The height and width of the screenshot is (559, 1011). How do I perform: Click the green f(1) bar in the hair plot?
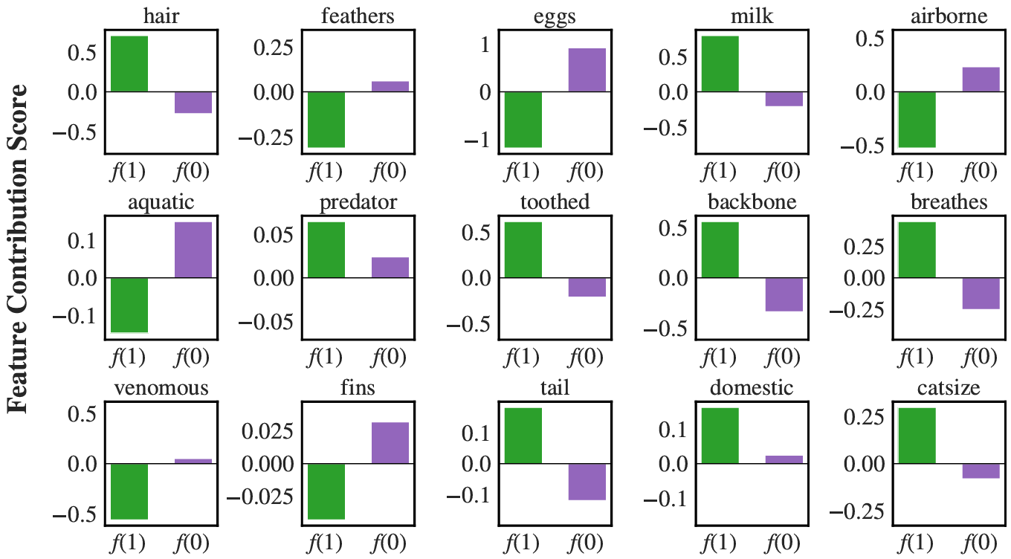click(x=129, y=64)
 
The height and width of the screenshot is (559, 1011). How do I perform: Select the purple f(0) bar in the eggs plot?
click(x=587, y=70)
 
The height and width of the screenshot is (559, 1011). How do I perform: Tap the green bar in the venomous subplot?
click(x=129, y=491)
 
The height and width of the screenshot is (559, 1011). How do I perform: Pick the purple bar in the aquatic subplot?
click(x=193, y=250)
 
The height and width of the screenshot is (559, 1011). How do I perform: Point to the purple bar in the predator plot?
click(x=390, y=268)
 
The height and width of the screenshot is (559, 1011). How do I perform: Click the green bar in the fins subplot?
click(x=326, y=491)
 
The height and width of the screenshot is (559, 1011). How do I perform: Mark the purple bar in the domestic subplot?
click(x=784, y=459)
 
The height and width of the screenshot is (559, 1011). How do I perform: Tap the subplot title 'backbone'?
click(x=752, y=203)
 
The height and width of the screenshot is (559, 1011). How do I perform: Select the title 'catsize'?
click(x=949, y=388)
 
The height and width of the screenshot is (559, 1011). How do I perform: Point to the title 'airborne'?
click(x=949, y=16)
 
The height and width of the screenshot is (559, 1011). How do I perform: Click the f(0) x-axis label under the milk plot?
click(x=784, y=172)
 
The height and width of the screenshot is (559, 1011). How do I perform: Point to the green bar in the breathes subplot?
click(x=917, y=250)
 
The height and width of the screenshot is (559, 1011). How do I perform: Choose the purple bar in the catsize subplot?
click(x=981, y=471)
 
